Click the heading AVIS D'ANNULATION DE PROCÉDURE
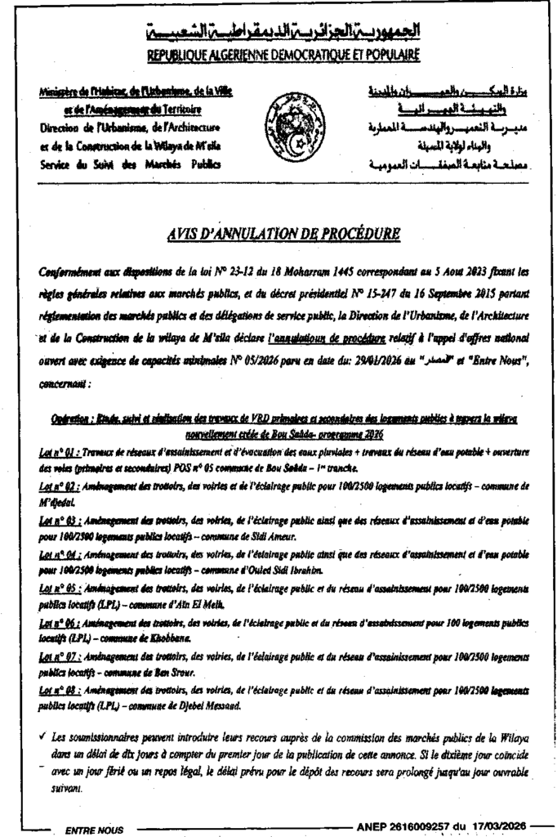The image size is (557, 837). [x=278, y=234]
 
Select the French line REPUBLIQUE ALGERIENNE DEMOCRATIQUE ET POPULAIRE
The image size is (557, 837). [x=283, y=56]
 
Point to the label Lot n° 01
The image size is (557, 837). [x=56, y=452]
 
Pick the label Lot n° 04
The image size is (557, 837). [x=56, y=553]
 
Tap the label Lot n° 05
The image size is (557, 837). [x=56, y=587]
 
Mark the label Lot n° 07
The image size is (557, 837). [x=56, y=656]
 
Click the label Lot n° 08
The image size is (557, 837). [x=56, y=690]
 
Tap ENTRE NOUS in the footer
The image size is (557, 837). [x=93, y=829]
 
